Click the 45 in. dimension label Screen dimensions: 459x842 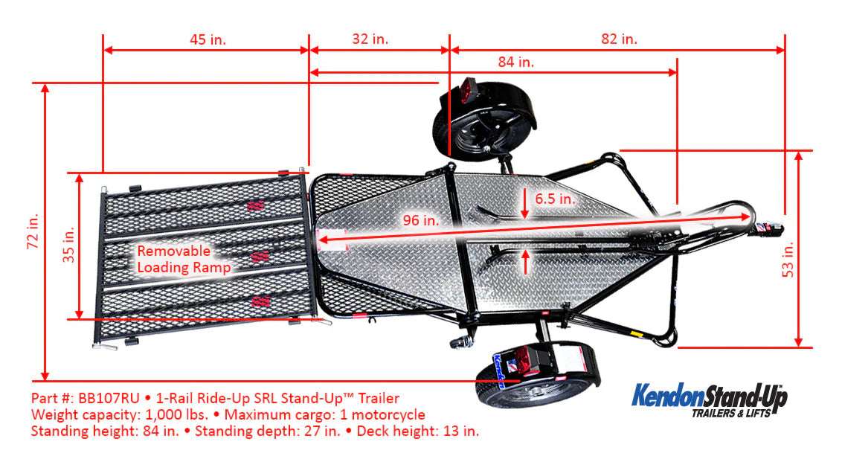[208, 39]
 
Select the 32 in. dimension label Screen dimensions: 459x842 [370, 39]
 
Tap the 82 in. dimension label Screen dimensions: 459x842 [619, 39]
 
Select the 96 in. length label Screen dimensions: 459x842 [420, 220]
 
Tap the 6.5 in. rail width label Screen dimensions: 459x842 [554, 199]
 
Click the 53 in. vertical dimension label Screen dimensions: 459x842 [788, 258]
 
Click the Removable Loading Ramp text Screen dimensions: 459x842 [183, 259]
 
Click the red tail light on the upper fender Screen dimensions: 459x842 [467, 92]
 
